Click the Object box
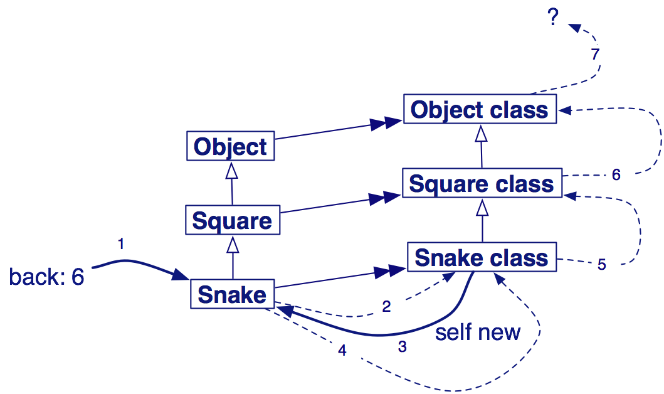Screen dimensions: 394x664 tap(231, 146)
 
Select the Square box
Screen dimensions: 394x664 tap(232, 221)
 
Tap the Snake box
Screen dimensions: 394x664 tap(232, 294)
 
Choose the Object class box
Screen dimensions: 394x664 tap(480, 110)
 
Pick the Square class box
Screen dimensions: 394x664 tap(482, 184)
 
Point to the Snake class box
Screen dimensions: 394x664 tap(482, 258)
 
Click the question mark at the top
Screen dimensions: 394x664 tap(552, 18)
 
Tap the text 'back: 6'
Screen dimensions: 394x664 tap(46, 277)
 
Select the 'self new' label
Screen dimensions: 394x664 tap(478, 332)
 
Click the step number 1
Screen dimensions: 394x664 tap(121, 243)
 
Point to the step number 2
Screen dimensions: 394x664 tap(387, 306)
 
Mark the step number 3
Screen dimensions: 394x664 tap(402, 346)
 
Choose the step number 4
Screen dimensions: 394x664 tap(342, 351)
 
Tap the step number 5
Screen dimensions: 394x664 tap(601, 265)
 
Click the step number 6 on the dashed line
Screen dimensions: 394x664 tap(616, 175)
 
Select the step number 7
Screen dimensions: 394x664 tap(596, 54)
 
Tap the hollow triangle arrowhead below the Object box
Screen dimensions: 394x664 tap(231, 169)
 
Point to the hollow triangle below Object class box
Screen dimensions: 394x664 tap(481, 133)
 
